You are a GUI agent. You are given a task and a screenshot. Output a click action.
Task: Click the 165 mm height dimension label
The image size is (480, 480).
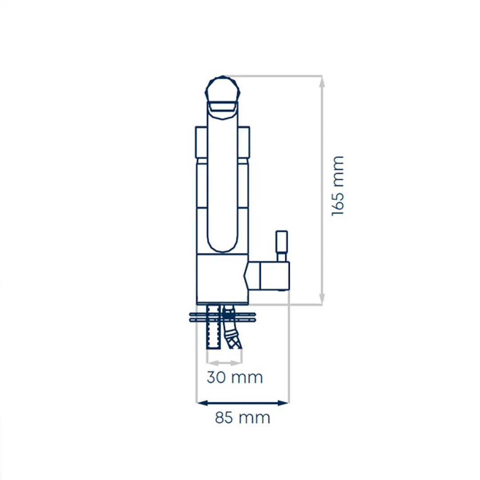coord(338,186)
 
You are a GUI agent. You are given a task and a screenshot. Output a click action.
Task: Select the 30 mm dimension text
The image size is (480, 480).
coord(235,377)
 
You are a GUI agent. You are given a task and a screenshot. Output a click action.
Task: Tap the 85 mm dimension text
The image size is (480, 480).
coord(243,417)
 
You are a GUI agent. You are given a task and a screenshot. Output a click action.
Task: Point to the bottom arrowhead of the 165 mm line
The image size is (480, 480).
coord(322,299)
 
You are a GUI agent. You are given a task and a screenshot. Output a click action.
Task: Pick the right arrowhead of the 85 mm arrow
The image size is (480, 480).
coord(283,403)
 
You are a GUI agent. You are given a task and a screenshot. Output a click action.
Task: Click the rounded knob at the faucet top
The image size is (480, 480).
coord(223,89)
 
